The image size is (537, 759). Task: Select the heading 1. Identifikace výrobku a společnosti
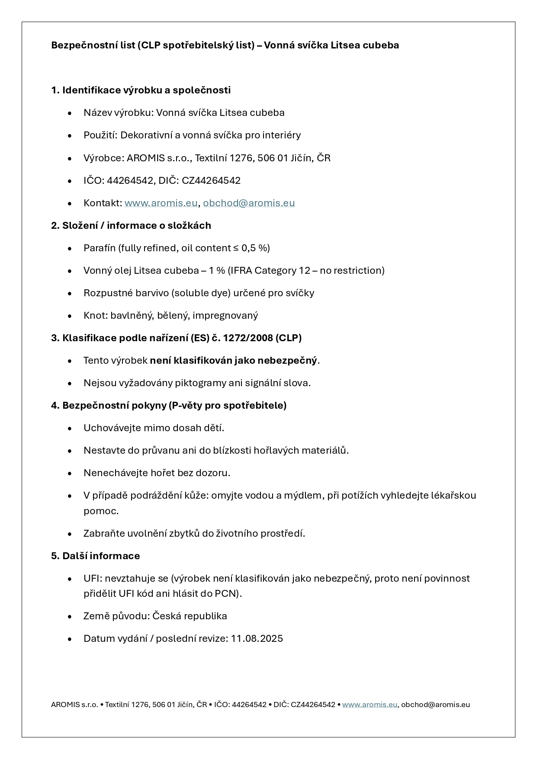tap(141, 90)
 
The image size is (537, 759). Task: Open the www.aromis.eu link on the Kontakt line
tap(161, 203)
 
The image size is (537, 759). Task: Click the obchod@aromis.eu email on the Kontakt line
tap(249, 203)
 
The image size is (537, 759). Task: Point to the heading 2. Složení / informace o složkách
tap(131, 225)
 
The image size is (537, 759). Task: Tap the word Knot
tap(94, 315)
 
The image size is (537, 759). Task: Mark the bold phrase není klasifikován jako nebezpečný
tap(233, 360)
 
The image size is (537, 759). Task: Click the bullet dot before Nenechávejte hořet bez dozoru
tap(70, 473)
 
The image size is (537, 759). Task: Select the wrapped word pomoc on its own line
tap(100, 511)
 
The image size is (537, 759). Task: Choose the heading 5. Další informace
tap(96, 556)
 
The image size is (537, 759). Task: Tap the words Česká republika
tap(190, 616)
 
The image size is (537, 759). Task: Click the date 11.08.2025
tap(257, 638)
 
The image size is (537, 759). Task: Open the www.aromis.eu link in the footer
tap(370, 705)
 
